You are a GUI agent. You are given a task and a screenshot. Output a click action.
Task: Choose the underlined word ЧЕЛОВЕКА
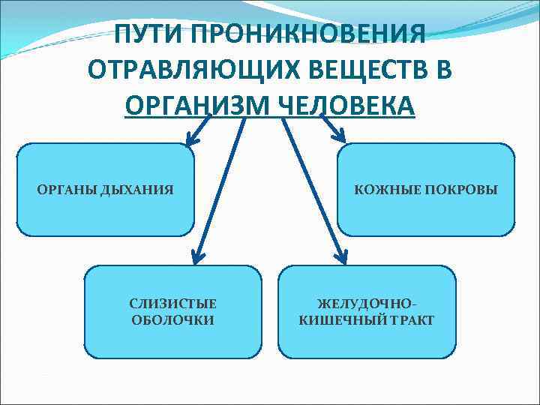(346, 104)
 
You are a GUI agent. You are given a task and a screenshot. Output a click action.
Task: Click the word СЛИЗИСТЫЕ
(172, 304)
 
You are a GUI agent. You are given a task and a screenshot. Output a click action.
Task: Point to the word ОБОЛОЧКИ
(172, 320)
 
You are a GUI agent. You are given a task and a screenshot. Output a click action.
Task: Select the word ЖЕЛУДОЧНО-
(367, 304)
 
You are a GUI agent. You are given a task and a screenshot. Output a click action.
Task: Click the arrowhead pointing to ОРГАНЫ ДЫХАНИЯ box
(191, 137)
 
